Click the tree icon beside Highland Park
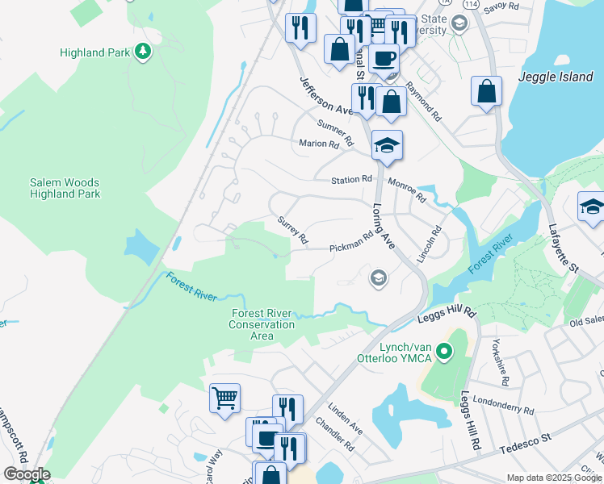tap(143, 52)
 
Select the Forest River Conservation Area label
tap(262, 324)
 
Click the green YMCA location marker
tap(443, 352)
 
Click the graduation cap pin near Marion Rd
tap(387, 146)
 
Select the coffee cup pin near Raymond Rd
tap(384, 58)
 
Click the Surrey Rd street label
tap(292, 229)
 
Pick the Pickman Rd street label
tap(351, 242)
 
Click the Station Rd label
tap(350, 179)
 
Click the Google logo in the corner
tap(26, 474)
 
